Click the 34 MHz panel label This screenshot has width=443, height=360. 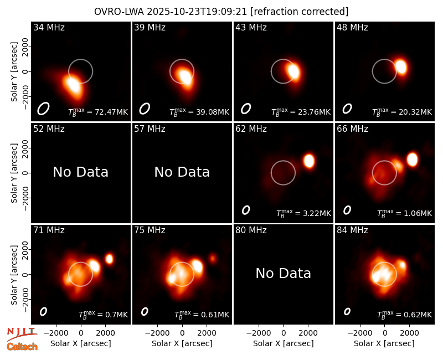[x=49, y=27]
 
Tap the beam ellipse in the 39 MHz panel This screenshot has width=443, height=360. [x=145, y=109]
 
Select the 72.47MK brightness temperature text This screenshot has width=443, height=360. [x=98, y=112]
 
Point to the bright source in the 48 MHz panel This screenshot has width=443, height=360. [x=401, y=66]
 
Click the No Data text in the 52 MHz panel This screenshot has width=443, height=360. [x=81, y=172]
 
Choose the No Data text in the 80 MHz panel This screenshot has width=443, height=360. [x=284, y=273]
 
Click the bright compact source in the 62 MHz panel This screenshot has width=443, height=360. [x=309, y=161]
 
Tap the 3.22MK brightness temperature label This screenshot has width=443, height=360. [x=303, y=213]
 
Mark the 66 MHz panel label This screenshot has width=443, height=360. [x=352, y=129]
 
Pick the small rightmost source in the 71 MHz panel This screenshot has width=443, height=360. [x=109, y=259]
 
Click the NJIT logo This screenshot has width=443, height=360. [x=22, y=334]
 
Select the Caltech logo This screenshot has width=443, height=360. [x=22, y=347]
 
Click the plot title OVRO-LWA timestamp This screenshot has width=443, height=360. [x=221, y=12]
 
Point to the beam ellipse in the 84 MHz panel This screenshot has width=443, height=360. [x=347, y=311]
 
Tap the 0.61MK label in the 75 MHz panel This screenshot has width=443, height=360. [x=202, y=315]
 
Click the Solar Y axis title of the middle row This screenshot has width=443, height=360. [x=14, y=173]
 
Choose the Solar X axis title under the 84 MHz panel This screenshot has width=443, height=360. [x=384, y=343]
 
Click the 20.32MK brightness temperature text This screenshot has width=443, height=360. [x=402, y=112]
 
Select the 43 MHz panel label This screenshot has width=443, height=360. [x=251, y=27]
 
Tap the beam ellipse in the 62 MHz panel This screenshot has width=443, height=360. [x=246, y=210]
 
